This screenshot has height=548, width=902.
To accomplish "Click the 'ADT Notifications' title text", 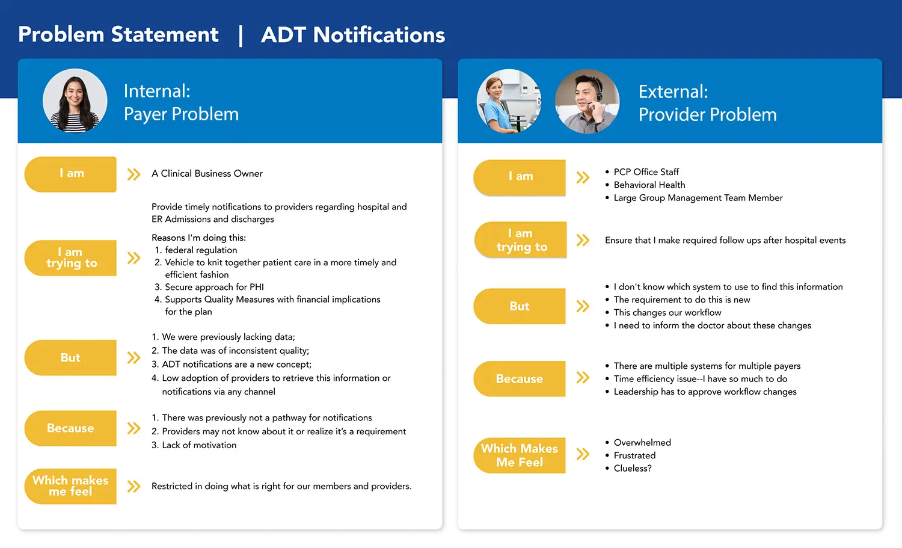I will [x=353, y=35].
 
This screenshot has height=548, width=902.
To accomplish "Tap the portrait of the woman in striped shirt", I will [x=75, y=100].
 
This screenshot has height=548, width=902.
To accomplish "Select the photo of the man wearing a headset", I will [x=587, y=101].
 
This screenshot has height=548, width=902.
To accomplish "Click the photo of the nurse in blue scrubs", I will [x=509, y=101].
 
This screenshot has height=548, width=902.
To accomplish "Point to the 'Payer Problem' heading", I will [x=181, y=114].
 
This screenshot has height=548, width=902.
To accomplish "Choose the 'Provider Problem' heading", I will [x=707, y=115].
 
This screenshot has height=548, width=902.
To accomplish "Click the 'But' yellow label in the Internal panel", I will [x=70, y=358].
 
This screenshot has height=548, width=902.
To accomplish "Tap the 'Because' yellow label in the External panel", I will [x=520, y=379].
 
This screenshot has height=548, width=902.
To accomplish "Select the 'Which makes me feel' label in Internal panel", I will [x=70, y=486].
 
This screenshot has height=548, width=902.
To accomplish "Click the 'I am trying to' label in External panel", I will [x=521, y=240].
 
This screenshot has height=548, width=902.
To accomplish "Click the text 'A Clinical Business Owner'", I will [x=207, y=174].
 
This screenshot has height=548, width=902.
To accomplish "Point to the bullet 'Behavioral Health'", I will [x=649, y=185].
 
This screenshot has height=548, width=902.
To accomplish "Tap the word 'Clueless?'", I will [x=632, y=469].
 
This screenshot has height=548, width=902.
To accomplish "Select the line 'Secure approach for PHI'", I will [x=214, y=288].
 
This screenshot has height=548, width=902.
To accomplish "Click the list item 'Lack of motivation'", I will [x=198, y=445].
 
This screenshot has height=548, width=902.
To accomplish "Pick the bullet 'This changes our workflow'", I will [x=667, y=313].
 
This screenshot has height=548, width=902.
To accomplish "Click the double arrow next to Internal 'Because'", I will [x=133, y=428].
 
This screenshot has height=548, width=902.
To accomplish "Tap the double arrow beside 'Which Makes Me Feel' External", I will [x=583, y=454].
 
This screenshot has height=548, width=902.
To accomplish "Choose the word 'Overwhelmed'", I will [x=642, y=443].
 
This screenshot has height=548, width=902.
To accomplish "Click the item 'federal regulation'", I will [x=201, y=250].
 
